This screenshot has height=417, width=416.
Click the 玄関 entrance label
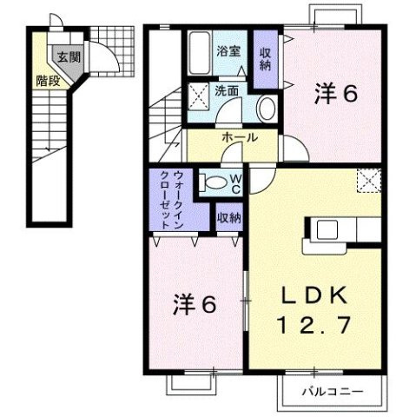[66, 57]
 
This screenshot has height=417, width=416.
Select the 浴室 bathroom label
[228, 51]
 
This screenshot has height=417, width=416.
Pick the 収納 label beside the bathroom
[265, 58]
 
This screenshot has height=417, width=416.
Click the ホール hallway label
[237, 138]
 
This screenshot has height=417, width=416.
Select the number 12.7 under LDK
[315, 327]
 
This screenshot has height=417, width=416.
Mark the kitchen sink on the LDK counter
[327, 230]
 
